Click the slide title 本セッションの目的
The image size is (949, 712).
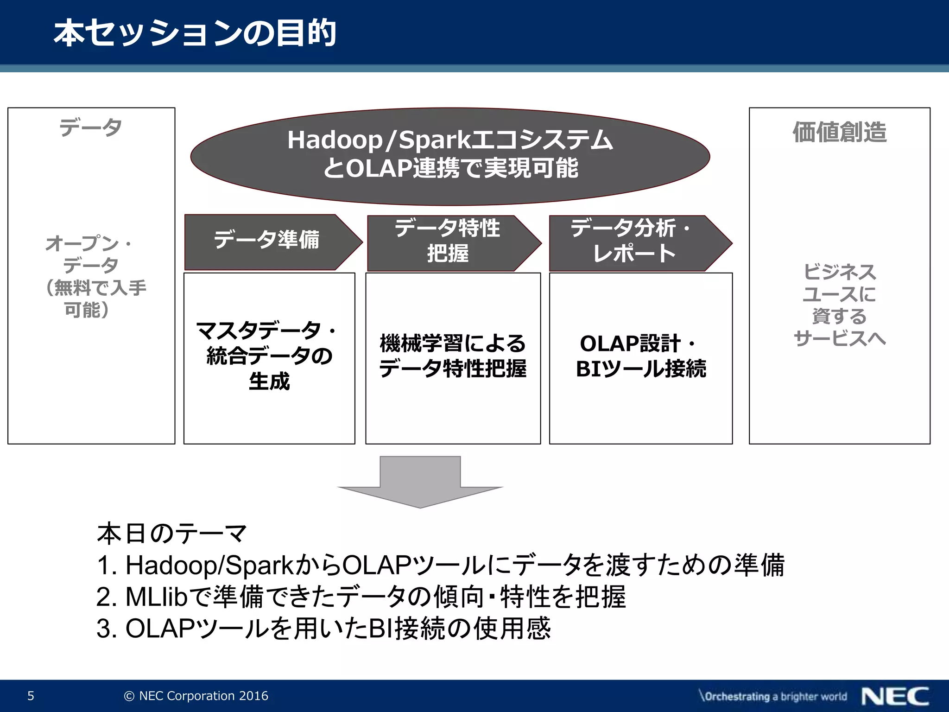click(195, 33)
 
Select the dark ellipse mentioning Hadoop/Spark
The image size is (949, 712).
click(449, 155)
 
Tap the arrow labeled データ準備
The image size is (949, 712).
click(266, 241)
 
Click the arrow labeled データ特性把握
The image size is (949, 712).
click(447, 242)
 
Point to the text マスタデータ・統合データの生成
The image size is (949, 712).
click(269, 356)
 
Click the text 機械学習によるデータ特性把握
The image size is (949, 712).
click(453, 356)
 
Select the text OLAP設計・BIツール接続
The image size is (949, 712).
click(640, 356)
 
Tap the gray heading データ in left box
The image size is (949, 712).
click(91, 127)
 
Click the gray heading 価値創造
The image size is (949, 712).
click(839, 132)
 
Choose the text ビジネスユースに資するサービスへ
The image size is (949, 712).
click(839, 305)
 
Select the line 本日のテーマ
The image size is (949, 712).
click(172, 533)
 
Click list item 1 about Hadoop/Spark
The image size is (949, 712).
click(440, 565)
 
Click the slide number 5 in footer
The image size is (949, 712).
click(31, 696)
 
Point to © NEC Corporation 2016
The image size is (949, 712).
click(196, 696)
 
